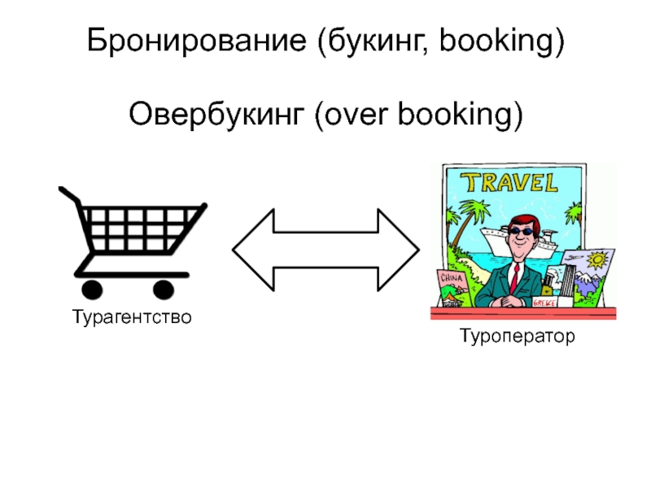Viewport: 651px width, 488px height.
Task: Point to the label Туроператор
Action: [x=517, y=335]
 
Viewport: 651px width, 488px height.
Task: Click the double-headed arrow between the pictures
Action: [x=325, y=249]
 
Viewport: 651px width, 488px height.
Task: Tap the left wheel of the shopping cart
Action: [x=91, y=289]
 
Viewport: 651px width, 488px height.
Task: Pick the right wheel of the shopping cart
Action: [x=164, y=289]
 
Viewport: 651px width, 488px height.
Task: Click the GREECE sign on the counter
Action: [x=543, y=302]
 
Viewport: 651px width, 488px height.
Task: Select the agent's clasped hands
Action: [x=513, y=301]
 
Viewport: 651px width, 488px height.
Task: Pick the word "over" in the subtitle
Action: [x=356, y=115]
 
